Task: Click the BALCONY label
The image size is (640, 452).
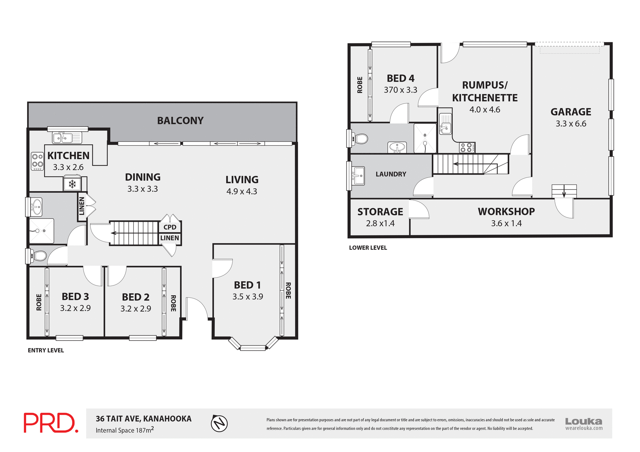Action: (x=180, y=121)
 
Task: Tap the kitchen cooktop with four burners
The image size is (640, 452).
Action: (x=37, y=161)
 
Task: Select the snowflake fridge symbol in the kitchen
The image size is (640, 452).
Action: (x=72, y=184)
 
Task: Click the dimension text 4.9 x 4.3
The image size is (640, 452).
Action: (x=242, y=192)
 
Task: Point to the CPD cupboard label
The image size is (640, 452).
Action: (x=170, y=227)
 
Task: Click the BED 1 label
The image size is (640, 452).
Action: (x=247, y=285)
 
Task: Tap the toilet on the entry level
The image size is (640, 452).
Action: (x=39, y=256)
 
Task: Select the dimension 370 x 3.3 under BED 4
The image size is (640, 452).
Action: (x=400, y=90)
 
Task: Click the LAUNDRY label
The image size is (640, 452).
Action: (x=391, y=174)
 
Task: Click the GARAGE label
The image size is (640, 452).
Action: (x=571, y=112)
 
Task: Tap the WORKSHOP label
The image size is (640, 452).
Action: (x=506, y=212)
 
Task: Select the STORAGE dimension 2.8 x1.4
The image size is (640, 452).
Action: (x=380, y=224)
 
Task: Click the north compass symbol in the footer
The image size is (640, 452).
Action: (x=219, y=424)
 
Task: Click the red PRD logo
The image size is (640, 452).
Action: (x=51, y=423)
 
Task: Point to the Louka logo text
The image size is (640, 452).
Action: (x=584, y=421)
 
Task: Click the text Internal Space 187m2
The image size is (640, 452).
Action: (x=125, y=430)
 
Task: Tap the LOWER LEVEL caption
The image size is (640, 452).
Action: (x=368, y=248)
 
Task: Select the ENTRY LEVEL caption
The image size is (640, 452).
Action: (x=46, y=350)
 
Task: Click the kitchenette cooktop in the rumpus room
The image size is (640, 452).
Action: (x=467, y=147)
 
